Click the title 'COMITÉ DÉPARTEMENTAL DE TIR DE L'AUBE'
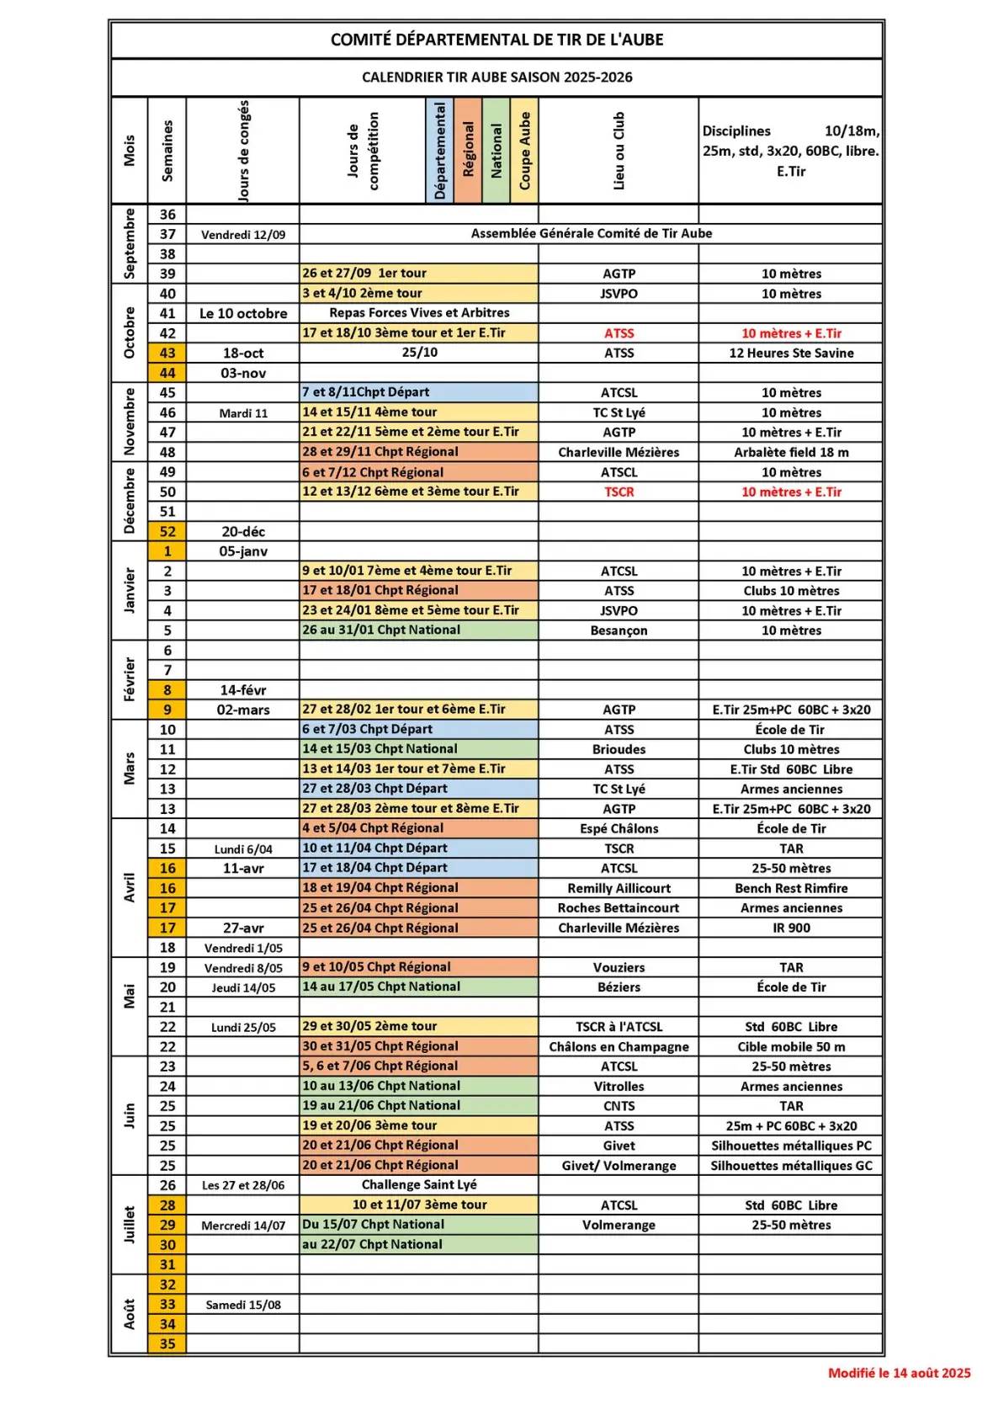(x=496, y=40)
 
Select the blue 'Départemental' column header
(x=439, y=151)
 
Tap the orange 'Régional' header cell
(x=468, y=151)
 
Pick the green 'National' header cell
(x=496, y=151)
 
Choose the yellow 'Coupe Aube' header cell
(x=524, y=151)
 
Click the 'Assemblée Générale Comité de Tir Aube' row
(x=591, y=233)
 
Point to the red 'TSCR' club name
(x=619, y=492)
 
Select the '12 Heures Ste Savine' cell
(x=790, y=353)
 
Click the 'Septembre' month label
(x=129, y=243)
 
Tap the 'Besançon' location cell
(x=619, y=630)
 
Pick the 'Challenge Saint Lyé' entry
(x=419, y=1184)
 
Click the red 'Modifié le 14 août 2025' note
(x=899, y=1373)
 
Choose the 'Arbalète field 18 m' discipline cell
(x=790, y=452)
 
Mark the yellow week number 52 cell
(x=167, y=531)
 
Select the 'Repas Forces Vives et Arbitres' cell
(x=419, y=312)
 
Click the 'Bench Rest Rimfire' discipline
(x=790, y=888)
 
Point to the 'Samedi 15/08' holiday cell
(x=243, y=1305)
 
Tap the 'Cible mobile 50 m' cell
(x=790, y=1046)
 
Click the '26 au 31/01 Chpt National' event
(x=381, y=630)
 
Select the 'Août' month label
(x=129, y=1314)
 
